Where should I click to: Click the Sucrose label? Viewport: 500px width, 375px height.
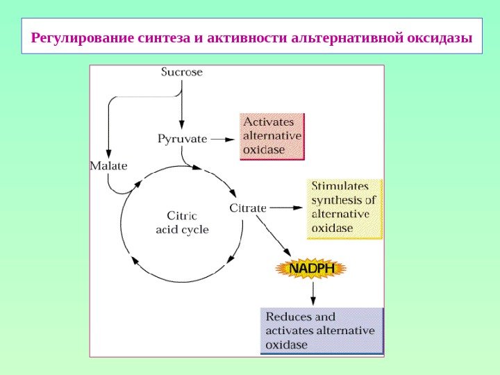tap(182, 72)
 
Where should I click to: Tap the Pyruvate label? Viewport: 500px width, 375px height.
tap(183, 138)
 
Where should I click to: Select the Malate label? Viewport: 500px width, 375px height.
tap(109, 166)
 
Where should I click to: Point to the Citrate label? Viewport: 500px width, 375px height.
tap(248, 208)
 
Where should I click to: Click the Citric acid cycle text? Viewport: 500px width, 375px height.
tap(182, 222)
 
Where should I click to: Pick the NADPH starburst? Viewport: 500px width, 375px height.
tap(311, 268)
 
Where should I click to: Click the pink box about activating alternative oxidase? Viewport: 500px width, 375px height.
tap(272, 136)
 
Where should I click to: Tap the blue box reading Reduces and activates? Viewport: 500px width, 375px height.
tap(322, 331)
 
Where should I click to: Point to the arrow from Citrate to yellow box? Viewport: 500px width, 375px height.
tap(286, 208)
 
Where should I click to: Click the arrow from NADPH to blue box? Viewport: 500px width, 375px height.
tap(313, 292)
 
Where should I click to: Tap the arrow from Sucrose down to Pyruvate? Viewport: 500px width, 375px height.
tap(182, 104)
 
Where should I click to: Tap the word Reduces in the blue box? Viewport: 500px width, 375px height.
tap(285, 317)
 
